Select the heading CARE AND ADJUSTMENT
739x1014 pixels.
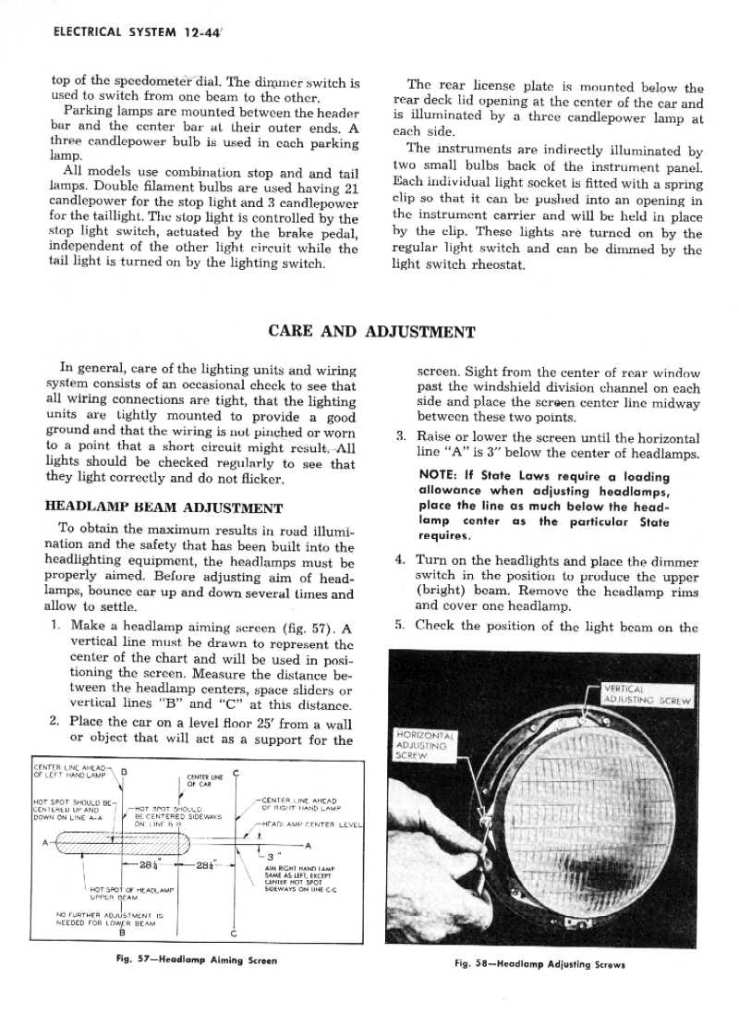click(x=370, y=332)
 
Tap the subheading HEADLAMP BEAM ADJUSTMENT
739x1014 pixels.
click(x=164, y=507)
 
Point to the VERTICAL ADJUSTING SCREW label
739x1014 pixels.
click(x=659, y=693)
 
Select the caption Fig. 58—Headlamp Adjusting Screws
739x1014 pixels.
click(x=540, y=964)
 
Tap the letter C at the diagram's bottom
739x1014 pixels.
click(x=233, y=934)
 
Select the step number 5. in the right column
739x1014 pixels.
click(x=399, y=625)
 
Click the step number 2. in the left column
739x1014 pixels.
click(x=55, y=722)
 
